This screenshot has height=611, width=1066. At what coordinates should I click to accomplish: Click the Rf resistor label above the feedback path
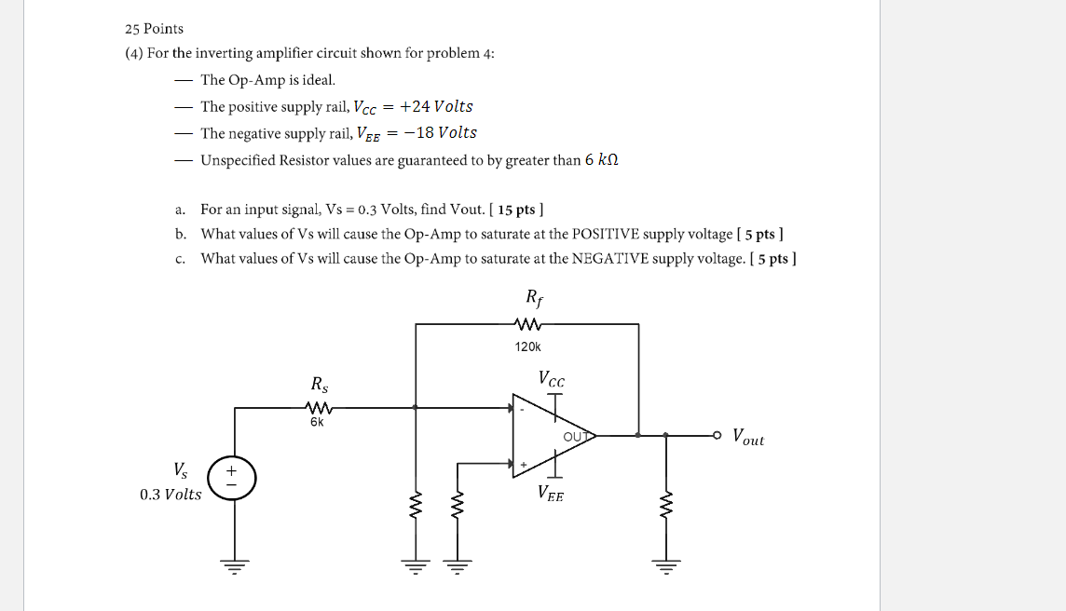click(x=534, y=299)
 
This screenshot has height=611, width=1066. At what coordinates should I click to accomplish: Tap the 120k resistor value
click(x=527, y=346)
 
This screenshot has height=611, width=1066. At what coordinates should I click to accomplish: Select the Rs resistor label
click(x=320, y=384)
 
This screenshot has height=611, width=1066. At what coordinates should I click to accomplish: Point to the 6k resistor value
click(x=317, y=422)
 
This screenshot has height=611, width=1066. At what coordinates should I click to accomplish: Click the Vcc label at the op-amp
click(x=552, y=379)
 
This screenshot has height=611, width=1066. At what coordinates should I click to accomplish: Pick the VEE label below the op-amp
click(x=550, y=495)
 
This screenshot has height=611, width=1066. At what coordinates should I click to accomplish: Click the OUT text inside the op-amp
click(x=578, y=436)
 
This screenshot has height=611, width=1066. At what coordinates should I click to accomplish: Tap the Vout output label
click(x=747, y=437)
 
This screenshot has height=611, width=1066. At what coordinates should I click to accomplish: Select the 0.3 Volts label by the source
click(x=171, y=494)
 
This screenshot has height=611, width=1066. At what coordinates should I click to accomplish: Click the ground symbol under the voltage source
click(x=234, y=564)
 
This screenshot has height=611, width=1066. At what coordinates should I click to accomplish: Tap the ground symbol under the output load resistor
click(x=665, y=564)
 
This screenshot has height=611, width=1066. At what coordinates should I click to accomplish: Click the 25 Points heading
click(x=155, y=29)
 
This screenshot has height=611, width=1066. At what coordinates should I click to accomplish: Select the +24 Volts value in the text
click(x=437, y=106)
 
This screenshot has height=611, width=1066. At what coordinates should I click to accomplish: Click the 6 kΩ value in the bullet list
click(x=602, y=160)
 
